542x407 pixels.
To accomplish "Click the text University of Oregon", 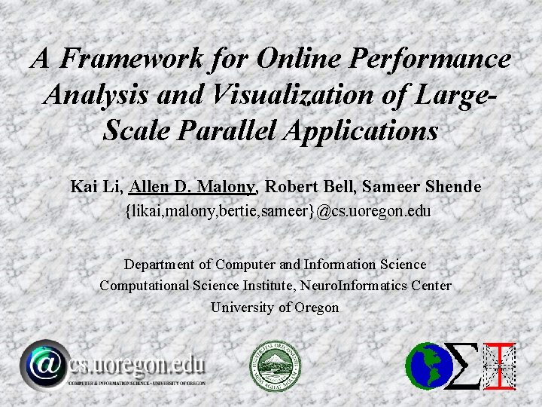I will pos(275,308).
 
